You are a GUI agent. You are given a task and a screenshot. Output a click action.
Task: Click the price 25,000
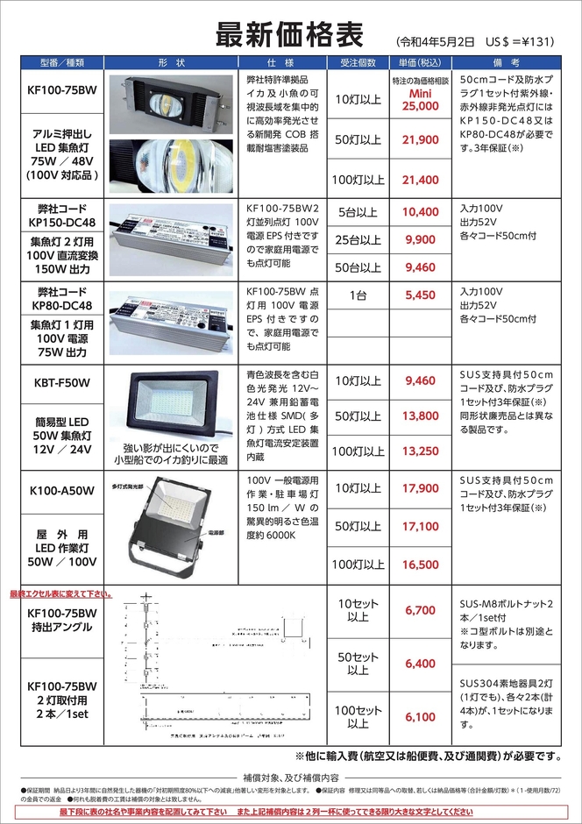click(x=420, y=105)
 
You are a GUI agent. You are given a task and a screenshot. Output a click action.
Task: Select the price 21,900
click(x=420, y=140)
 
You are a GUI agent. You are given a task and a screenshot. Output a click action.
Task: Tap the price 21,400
click(x=420, y=180)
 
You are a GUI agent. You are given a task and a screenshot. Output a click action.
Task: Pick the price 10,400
click(x=420, y=212)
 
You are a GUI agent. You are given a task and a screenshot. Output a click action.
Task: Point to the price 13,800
click(x=420, y=416)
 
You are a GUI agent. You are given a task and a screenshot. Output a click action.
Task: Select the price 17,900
click(x=420, y=488)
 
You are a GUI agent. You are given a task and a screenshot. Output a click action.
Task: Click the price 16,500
click(x=420, y=565)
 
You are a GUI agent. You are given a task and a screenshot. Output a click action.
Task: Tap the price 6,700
click(x=420, y=610)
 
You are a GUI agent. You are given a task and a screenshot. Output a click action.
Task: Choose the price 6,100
click(x=420, y=717)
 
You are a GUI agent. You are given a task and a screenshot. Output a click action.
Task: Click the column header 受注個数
click(x=357, y=64)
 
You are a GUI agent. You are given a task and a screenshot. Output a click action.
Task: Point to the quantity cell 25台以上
click(x=357, y=239)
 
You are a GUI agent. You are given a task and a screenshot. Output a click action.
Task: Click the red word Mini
click(x=420, y=92)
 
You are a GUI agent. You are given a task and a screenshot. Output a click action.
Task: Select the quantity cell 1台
click(x=357, y=296)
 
